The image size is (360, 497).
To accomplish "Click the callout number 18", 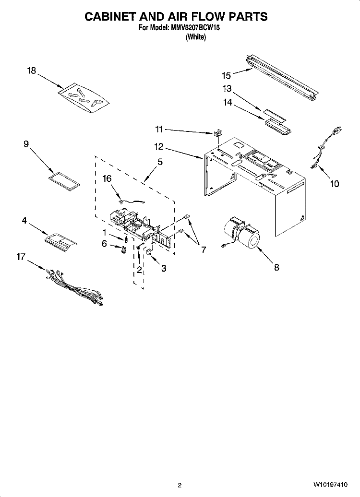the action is click(x=32, y=71).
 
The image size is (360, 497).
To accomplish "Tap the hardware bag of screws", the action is click(x=84, y=98).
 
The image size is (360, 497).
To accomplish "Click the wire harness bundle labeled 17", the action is click(x=74, y=287).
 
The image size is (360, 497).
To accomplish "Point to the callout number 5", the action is click(x=160, y=162).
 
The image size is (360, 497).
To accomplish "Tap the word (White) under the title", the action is click(x=196, y=37).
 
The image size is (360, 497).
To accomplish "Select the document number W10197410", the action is click(x=331, y=485).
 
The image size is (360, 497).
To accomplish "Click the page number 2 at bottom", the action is click(x=180, y=485).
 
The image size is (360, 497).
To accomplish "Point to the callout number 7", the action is click(x=203, y=250).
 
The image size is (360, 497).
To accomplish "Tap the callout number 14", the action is click(x=228, y=103).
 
